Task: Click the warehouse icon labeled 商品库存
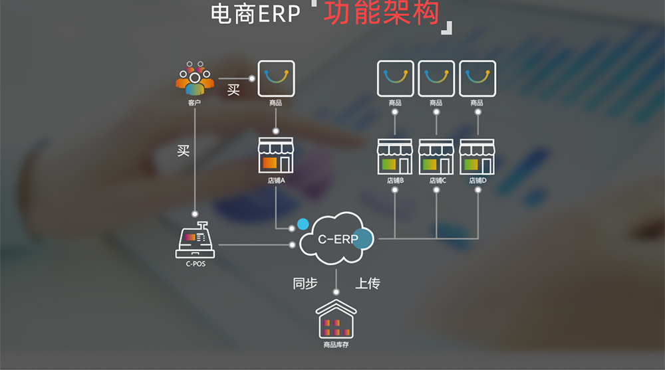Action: tap(335, 319)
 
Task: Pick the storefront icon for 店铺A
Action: tap(276, 156)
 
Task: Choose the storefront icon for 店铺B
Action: tap(395, 157)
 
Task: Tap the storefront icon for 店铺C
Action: tap(436, 157)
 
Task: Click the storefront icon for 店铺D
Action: tap(477, 157)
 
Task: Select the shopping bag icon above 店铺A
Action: tap(276, 78)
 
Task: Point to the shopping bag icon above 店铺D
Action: tap(477, 78)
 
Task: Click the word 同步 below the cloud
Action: tap(306, 284)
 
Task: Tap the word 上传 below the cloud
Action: tap(367, 284)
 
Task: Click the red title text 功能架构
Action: tap(382, 13)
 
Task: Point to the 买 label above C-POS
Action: tap(184, 151)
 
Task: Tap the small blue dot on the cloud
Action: tap(303, 224)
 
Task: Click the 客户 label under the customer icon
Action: tap(194, 104)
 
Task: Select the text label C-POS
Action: tap(195, 264)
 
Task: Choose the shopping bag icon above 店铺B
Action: tap(395, 78)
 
